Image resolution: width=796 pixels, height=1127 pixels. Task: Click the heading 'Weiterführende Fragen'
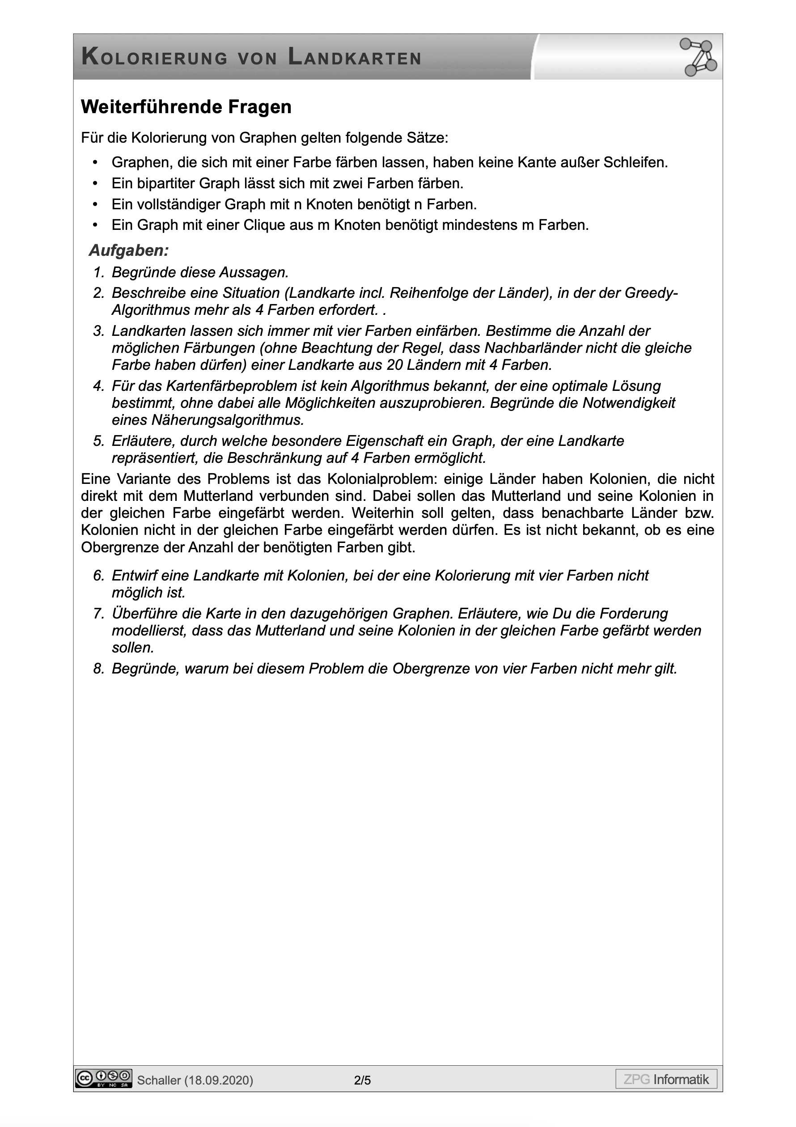pyautogui.click(x=186, y=107)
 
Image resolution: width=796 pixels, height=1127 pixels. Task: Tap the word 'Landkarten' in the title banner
pyautogui.click(x=354, y=57)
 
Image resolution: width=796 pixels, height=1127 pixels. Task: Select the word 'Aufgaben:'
pyautogui.click(x=129, y=251)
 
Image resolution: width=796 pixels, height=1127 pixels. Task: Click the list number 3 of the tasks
pyautogui.click(x=99, y=331)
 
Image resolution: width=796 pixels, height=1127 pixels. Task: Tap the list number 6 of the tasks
pyautogui.click(x=99, y=575)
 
